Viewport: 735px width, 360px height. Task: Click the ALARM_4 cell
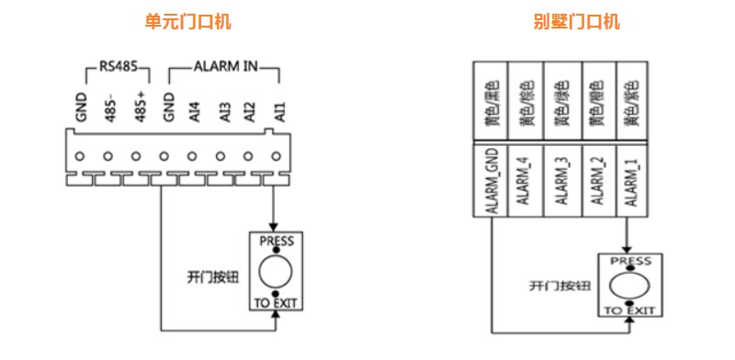pos(525,182)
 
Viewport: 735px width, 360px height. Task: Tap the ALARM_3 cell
pos(561,182)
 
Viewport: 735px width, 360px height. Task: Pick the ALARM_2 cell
pos(597,182)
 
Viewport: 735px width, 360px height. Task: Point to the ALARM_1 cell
pos(633,182)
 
